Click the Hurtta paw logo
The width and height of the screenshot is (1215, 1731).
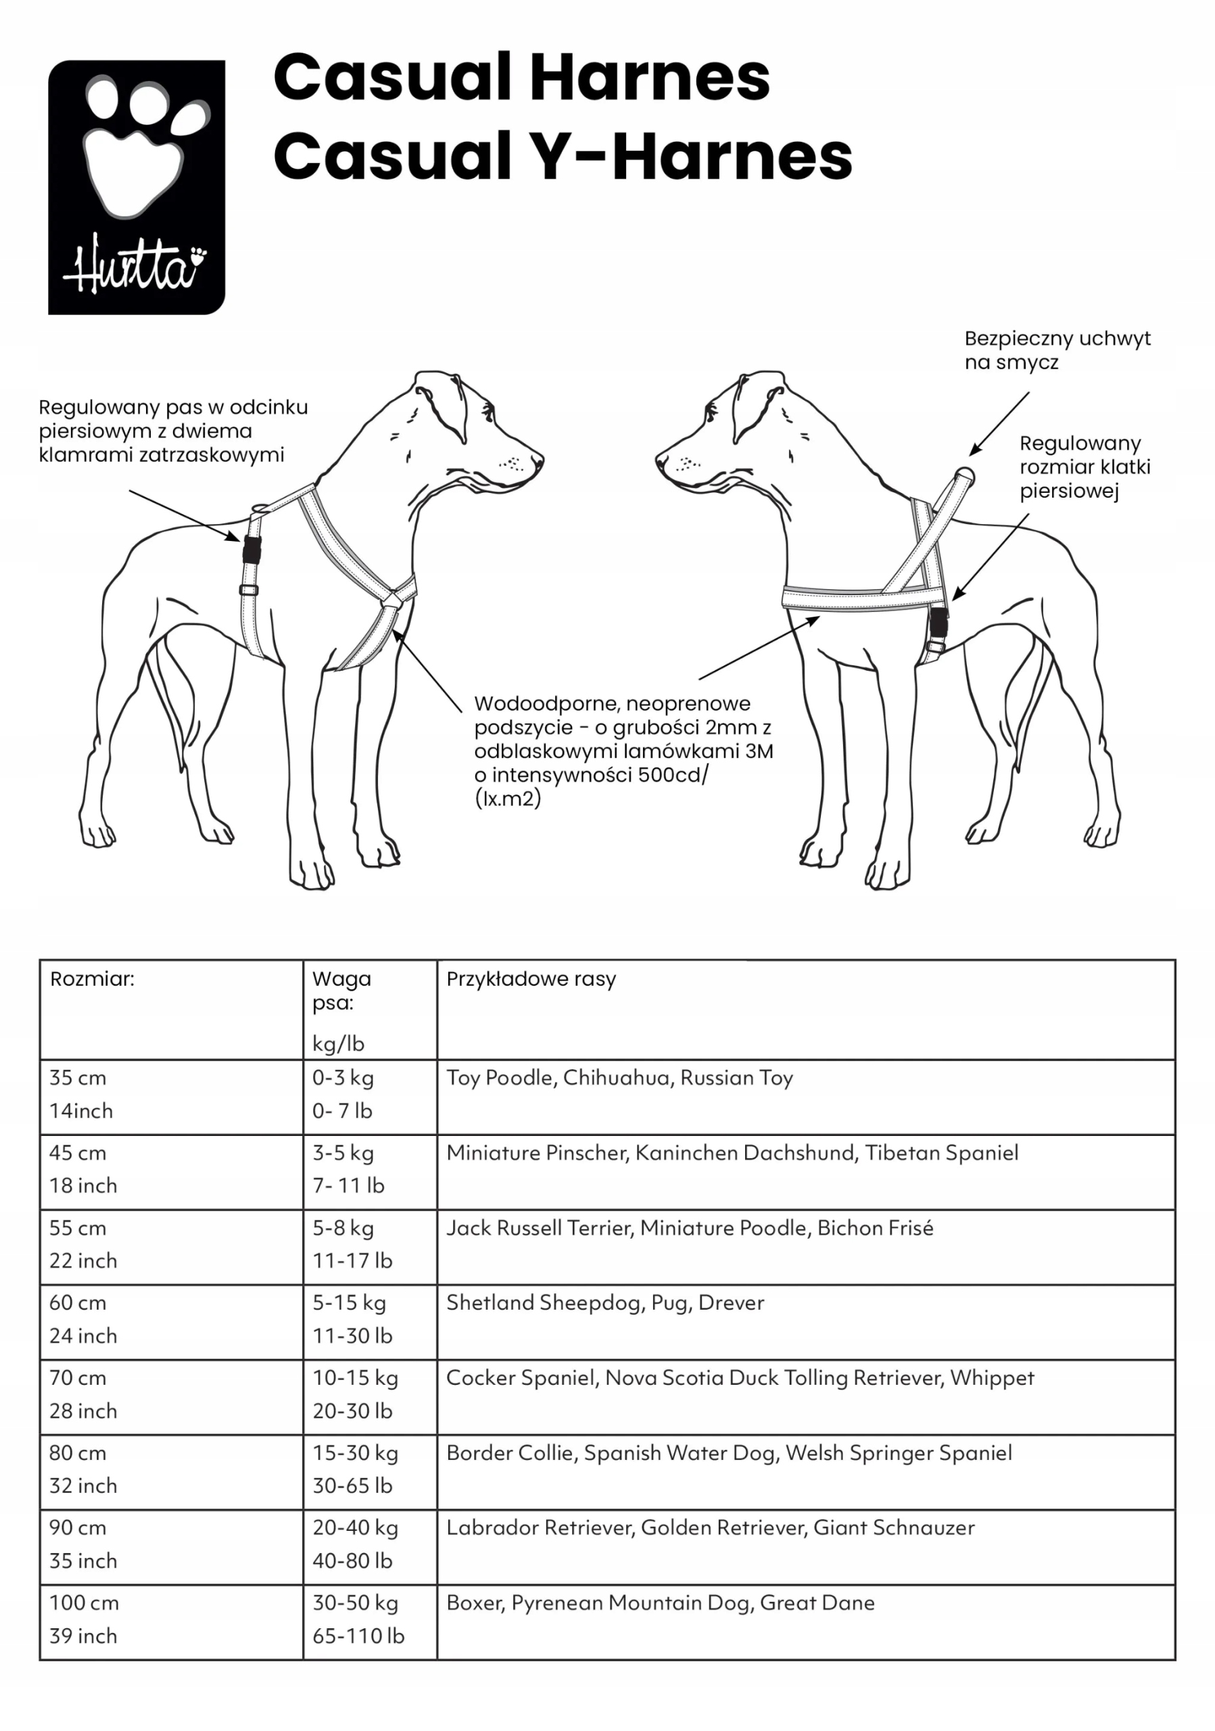(137, 187)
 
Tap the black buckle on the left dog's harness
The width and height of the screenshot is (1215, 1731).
(252, 550)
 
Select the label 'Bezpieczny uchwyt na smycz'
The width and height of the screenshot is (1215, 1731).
(1057, 350)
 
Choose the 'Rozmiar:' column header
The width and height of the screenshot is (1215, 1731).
(92, 978)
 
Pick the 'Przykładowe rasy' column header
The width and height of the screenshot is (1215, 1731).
(531, 978)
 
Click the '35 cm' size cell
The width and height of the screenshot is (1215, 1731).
(78, 1077)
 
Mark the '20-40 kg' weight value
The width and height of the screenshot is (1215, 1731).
(355, 1527)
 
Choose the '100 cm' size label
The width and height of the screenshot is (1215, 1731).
(84, 1602)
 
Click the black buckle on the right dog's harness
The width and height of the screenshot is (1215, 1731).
(938, 622)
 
